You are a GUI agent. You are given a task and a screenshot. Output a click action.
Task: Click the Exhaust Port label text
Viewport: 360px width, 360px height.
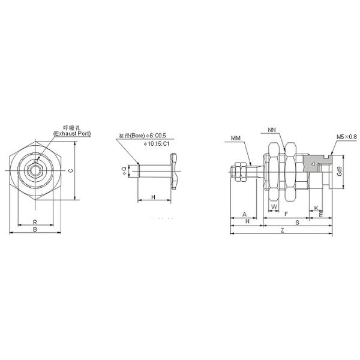pyautogui.click(x=73, y=133)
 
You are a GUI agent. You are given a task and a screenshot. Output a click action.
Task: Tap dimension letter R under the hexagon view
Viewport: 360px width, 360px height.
pyautogui.click(x=35, y=221)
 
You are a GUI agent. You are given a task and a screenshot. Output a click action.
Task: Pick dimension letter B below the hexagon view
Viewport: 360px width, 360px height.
pyautogui.click(x=35, y=229)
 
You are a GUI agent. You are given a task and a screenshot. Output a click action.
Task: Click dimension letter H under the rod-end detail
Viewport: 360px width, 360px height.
pyautogui.click(x=154, y=197)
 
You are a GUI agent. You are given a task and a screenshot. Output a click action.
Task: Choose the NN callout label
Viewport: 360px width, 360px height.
pyautogui.click(x=273, y=129)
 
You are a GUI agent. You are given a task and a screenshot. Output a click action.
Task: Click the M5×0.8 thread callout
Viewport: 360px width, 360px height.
pyautogui.click(x=346, y=137)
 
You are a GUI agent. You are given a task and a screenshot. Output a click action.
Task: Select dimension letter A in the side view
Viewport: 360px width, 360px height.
pyautogui.click(x=244, y=214)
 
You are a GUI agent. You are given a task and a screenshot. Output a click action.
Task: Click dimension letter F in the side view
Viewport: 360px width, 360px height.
pyautogui.click(x=286, y=214)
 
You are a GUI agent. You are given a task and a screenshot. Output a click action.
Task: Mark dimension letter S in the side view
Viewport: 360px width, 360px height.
pyautogui.click(x=296, y=222)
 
